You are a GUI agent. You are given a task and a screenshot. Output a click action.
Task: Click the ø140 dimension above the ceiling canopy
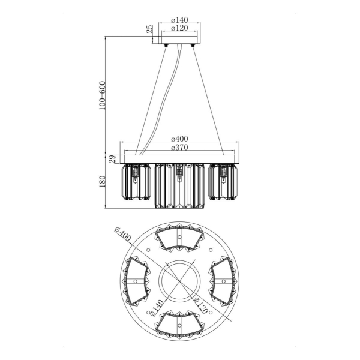(179, 20)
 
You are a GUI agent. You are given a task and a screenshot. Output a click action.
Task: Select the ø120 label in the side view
(179, 28)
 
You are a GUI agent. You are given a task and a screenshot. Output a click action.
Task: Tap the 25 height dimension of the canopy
(149, 29)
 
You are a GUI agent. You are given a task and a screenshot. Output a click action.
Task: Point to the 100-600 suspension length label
(103, 95)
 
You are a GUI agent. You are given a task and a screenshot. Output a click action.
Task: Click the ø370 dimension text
(179, 147)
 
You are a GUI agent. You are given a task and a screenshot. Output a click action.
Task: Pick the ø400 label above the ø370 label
(179, 139)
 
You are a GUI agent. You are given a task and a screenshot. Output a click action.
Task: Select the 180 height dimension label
(103, 181)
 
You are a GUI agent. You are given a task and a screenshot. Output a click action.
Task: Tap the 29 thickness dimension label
(112, 159)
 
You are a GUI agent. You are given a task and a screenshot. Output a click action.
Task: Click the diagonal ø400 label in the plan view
(123, 235)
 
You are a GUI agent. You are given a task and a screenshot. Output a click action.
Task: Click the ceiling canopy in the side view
(179, 40)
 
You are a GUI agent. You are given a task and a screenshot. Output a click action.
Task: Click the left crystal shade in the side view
(136, 182)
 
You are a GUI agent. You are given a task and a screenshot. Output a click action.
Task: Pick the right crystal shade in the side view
(223, 182)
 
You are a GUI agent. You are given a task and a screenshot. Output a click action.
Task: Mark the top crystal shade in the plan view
(179, 238)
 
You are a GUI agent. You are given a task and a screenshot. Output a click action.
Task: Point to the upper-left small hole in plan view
(148, 250)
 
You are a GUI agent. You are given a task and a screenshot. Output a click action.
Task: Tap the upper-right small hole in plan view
(211, 250)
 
